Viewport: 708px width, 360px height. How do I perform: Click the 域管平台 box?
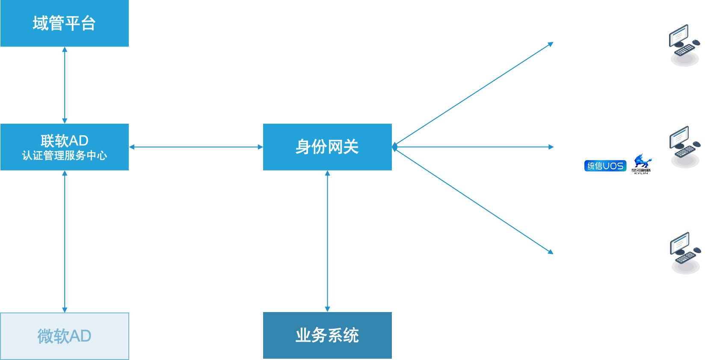coord(64,23)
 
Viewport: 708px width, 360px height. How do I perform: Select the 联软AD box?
coord(64,147)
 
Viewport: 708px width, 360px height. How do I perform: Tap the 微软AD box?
coord(64,336)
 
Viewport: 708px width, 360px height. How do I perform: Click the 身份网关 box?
coord(327,147)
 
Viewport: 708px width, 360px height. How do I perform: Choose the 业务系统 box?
coord(327,335)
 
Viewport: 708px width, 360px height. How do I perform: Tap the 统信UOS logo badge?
coord(605,166)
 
